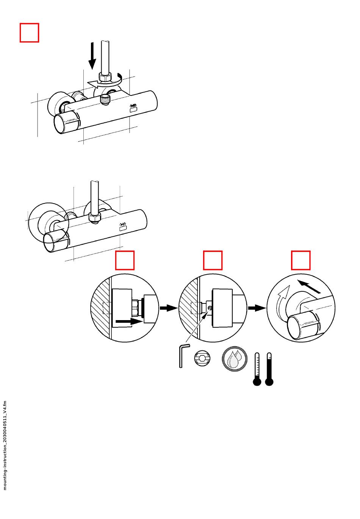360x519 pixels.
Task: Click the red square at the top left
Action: [x=29, y=33]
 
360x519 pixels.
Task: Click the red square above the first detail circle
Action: [x=125, y=260]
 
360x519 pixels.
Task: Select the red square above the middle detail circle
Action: [x=213, y=260]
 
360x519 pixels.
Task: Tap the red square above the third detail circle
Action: [x=301, y=260]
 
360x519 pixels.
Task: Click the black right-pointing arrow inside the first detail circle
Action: [x=129, y=322]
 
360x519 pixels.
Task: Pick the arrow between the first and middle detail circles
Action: [x=169, y=308]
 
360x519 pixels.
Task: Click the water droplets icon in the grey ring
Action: [x=234, y=359]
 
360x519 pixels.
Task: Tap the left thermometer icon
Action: [x=257, y=369]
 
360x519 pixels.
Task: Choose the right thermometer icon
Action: [x=269, y=369]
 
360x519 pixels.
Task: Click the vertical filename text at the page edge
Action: [x=5, y=445]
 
